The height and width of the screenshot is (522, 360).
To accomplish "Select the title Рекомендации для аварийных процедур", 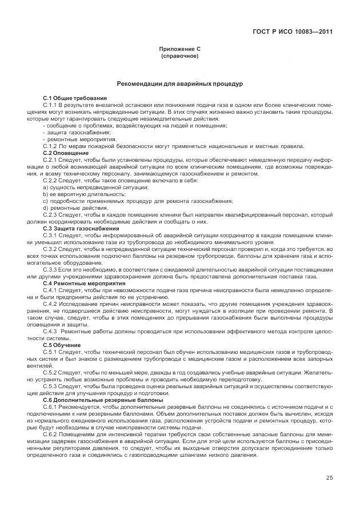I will coord(179,83).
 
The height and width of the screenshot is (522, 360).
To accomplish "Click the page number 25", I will coord(330,478).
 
